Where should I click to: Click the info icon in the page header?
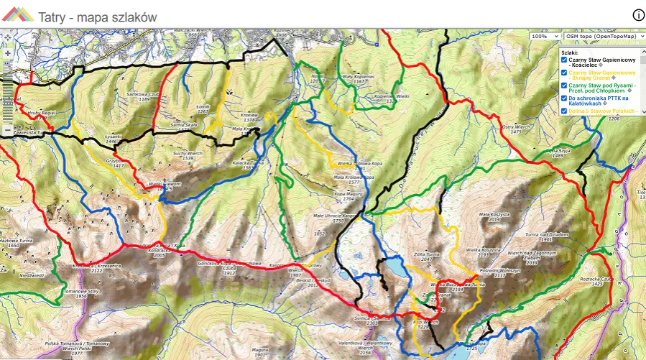click(637, 15)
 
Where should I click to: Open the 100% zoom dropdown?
click(544, 36)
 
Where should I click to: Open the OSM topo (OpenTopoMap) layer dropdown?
click(602, 36)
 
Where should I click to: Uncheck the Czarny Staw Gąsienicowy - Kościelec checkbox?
click(564, 60)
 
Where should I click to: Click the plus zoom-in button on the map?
click(7, 53)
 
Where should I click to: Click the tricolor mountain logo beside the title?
click(17, 14)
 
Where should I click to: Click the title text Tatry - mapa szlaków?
click(98, 16)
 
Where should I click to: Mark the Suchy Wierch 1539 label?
click(188, 155)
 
